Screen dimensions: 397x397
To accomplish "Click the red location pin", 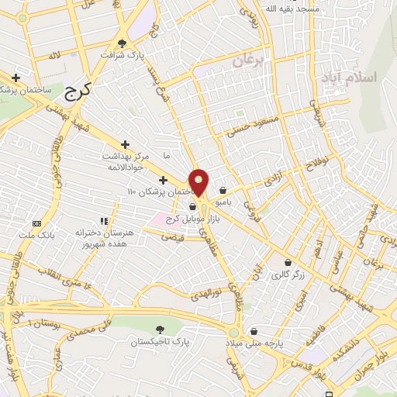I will click(x=199, y=183).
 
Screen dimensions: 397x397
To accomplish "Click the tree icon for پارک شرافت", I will click(x=122, y=43).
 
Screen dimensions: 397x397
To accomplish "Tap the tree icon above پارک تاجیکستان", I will click(x=161, y=330).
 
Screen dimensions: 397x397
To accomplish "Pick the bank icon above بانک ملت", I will click(x=36, y=223).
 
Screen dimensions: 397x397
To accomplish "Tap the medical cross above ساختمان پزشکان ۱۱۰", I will click(x=163, y=180).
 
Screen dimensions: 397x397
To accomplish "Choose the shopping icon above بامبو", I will click(x=223, y=191).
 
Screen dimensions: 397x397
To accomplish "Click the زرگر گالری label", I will click(x=288, y=274).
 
